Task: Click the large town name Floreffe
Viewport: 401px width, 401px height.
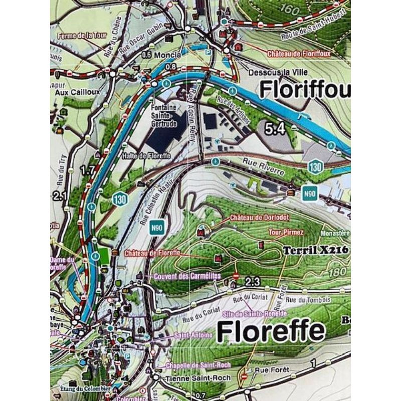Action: [x=271, y=331]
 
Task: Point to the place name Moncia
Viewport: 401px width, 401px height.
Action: [x=167, y=55]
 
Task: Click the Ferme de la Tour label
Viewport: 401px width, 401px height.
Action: [x=83, y=36]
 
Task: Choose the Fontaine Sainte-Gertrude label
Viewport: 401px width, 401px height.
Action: [x=165, y=114]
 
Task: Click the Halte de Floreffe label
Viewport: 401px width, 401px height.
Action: [x=147, y=156]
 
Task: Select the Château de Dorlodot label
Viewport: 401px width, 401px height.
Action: [x=254, y=218]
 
